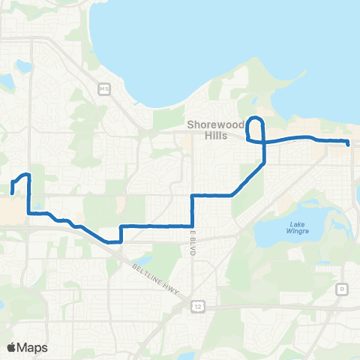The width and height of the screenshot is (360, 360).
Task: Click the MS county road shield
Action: click(x=103, y=89)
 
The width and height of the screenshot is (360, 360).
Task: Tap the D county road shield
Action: click(x=341, y=289)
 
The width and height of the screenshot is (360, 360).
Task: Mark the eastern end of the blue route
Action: click(x=349, y=142)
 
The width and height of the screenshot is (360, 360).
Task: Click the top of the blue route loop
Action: click(x=256, y=118)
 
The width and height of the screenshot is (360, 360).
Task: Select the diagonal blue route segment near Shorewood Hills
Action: click(x=248, y=180)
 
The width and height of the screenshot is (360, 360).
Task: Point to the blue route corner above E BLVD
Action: click(x=193, y=196)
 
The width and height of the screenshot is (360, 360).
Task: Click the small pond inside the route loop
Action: click(x=255, y=127)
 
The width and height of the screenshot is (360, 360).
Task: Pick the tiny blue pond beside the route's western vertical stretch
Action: click(x=34, y=202)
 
